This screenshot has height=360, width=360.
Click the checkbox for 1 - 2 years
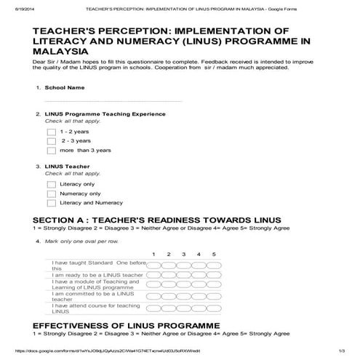pyautogui.click(x=51, y=132)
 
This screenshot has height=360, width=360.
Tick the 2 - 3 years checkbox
pyautogui.click(x=51, y=141)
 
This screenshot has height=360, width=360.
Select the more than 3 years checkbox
pyautogui.click(x=51, y=151)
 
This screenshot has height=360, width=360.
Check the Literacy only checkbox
pyautogui.click(x=51, y=184)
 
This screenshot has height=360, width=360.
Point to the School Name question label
pyautogui.click(x=65, y=87)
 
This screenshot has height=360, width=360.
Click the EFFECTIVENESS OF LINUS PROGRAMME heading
pyautogui.click(x=126, y=324)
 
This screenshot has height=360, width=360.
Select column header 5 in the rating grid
pyautogui.click(x=214, y=254)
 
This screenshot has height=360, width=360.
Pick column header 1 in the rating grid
pyautogui.click(x=153, y=254)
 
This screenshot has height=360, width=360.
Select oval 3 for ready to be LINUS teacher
pyautogui.click(x=183, y=275)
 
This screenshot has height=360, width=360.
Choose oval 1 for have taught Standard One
pyautogui.click(x=153, y=265)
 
